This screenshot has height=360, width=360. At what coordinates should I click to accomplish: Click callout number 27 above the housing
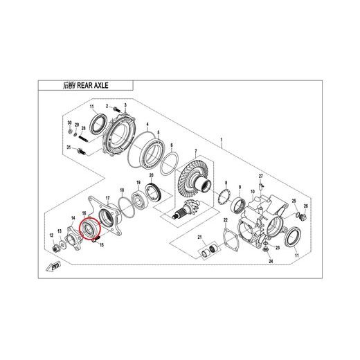click(262, 177)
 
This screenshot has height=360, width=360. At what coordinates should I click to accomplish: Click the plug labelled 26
click(302, 217)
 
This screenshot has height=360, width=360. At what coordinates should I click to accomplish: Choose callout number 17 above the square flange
click(107, 197)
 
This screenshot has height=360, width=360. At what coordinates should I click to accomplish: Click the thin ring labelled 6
click(166, 165)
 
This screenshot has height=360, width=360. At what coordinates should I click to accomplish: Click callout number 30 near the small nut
click(69, 123)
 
